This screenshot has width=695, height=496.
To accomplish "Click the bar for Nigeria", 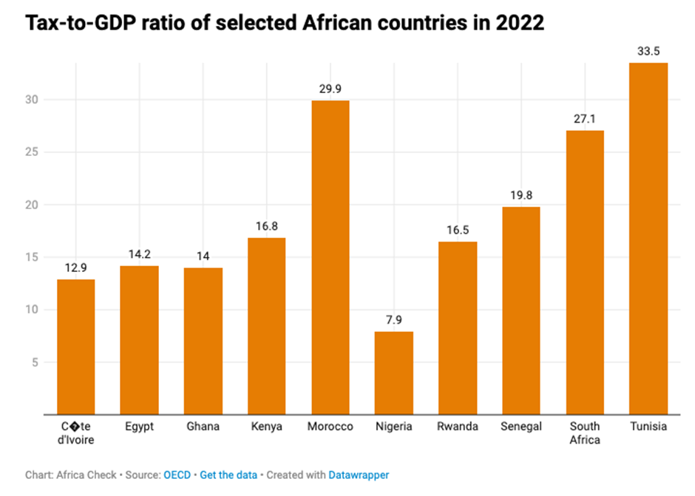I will [x=393, y=373].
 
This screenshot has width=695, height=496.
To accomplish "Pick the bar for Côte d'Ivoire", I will [x=75, y=347].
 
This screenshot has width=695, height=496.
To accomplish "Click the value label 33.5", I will [x=648, y=51].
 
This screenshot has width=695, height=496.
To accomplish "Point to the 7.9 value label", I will [x=393, y=320].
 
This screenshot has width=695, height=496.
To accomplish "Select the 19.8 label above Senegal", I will [x=521, y=195].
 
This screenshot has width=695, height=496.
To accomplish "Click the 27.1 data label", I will [x=584, y=119].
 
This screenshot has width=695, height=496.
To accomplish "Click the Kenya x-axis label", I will [x=266, y=427].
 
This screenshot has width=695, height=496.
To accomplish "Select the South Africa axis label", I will [x=584, y=432].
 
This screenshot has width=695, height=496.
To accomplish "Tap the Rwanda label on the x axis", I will [x=457, y=427].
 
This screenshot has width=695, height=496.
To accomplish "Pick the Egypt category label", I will [x=139, y=427].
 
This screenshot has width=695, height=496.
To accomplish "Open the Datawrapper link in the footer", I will [x=359, y=475].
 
